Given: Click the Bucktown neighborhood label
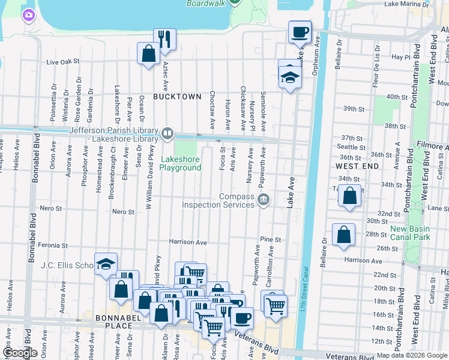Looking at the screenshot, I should click(176, 96).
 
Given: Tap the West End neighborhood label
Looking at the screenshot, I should click(357, 165).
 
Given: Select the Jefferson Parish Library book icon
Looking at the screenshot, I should click(168, 132).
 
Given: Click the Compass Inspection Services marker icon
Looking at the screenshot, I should click(263, 200).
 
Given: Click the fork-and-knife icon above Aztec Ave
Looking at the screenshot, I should click(164, 39).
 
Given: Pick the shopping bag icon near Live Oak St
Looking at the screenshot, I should click(148, 54).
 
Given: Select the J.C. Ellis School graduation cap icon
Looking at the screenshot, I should click(106, 263).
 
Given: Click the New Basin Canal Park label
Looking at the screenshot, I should click(414, 233).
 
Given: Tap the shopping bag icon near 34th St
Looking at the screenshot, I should click(350, 195).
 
